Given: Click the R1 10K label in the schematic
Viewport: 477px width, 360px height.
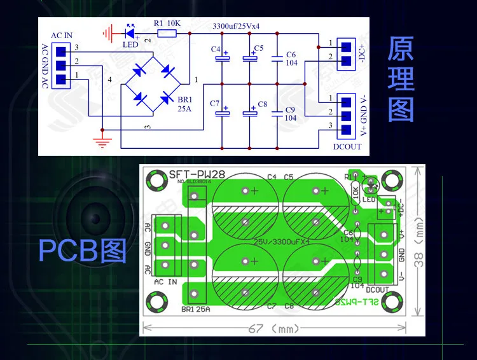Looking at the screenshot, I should (x=167, y=23).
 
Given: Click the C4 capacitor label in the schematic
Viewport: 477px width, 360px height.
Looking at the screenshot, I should (x=215, y=49).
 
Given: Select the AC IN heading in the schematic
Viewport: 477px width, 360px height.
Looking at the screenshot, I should (x=61, y=36).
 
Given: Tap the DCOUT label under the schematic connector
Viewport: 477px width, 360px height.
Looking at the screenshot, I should (x=347, y=146).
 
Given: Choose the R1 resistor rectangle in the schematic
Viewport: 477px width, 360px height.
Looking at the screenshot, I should (x=167, y=32).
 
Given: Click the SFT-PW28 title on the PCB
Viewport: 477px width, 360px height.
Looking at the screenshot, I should (x=191, y=176).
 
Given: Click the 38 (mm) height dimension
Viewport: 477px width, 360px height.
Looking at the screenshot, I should (x=419, y=249).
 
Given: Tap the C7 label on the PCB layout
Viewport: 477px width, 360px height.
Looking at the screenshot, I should (x=272, y=306).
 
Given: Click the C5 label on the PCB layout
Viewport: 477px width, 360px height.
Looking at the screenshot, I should (x=288, y=177).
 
